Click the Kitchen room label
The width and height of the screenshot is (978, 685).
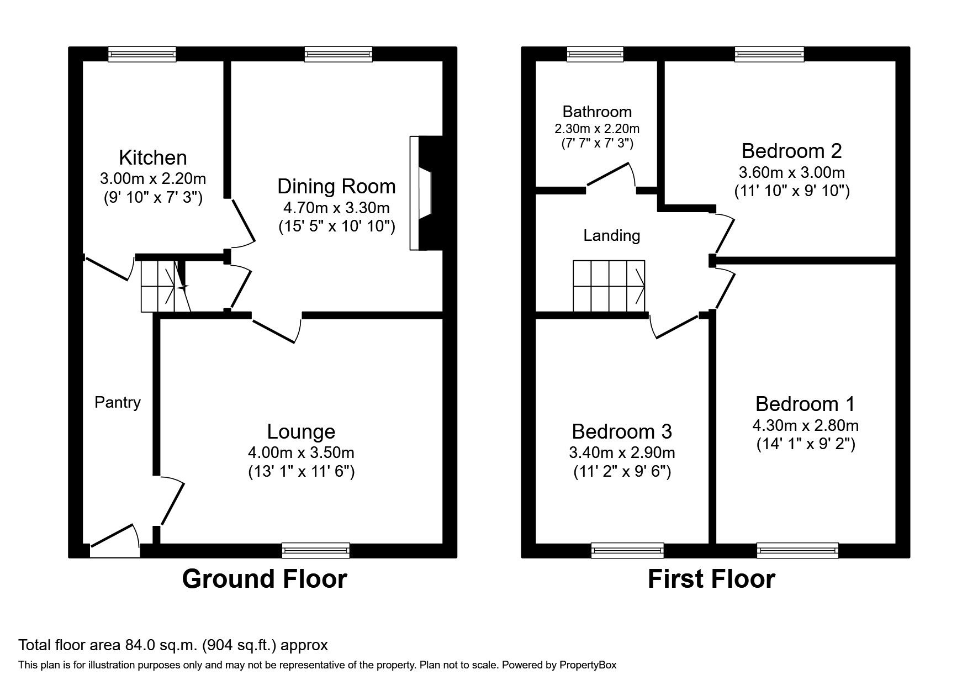click(x=153, y=157)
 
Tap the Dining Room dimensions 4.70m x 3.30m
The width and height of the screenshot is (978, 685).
click(x=336, y=208)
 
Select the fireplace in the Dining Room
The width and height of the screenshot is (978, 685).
click(x=425, y=193)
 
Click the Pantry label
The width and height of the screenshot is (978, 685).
click(x=117, y=402)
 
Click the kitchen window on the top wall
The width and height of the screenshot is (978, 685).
click(x=142, y=54)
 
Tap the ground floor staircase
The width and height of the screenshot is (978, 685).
click(x=163, y=286)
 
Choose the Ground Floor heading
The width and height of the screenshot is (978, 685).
click(x=265, y=579)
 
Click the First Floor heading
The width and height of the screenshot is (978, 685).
click(x=711, y=579)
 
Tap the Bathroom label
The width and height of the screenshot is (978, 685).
click(x=597, y=112)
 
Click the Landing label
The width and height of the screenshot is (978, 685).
click(x=611, y=236)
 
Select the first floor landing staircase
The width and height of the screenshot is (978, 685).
click(x=609, y=286)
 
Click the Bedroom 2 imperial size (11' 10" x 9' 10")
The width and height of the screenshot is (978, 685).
click(x=791, y=191)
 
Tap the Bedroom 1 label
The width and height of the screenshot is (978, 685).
click(x=805, y=404)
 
